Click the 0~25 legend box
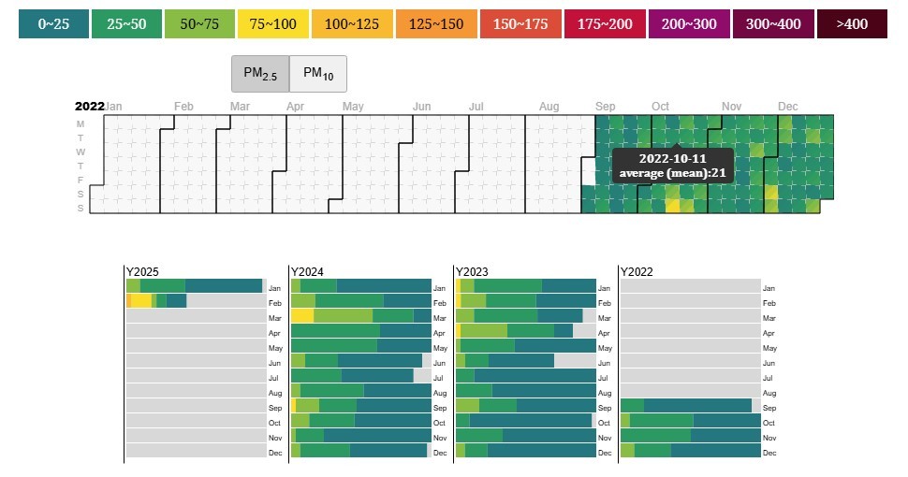point(53,24)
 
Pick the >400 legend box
point(851,24)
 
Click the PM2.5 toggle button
point(260,74)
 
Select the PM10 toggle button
point(318,74)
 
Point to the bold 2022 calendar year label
point(89,107)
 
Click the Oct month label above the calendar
point(661,107)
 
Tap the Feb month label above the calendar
point(183,107)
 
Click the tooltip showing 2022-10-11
point(673,166)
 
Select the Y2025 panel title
point(143,271)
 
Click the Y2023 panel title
point(473,271)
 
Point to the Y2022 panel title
point(637,271)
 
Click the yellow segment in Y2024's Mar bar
point(301,316)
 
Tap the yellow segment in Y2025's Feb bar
point(140,301)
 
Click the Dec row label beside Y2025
point(275,454)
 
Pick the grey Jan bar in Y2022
point(690,286)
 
